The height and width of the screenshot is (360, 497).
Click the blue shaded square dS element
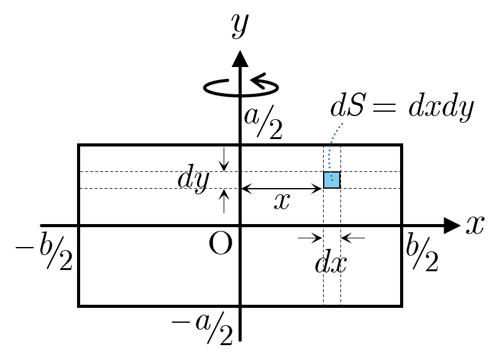click(x=332, y=180)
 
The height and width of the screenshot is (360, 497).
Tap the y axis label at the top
click(x=239, y=25)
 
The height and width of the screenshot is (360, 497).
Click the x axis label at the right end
click(x=475, y=225)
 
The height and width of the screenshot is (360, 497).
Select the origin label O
click(x=221, y=245)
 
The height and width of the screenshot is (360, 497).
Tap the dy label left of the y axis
click(x=192, y=179)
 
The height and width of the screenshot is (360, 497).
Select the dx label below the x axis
click(x=331, y=263)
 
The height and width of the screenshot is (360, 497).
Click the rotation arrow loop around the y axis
click(x=242, y=86)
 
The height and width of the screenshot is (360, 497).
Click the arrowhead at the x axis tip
click(x=453, y=225)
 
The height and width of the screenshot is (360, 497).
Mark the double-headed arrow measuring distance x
click(x=281, y=187)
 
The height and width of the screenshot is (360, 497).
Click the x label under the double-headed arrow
click(x=281, y=202)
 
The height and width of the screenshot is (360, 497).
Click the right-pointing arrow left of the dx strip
click(x=310, y=237)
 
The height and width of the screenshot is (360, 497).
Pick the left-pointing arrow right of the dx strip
click(x=353, y=237)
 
